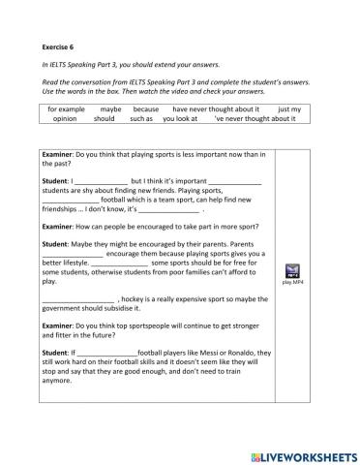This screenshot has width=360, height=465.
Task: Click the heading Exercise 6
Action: point(62,46)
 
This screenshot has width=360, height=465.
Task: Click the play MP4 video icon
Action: point(293,271)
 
